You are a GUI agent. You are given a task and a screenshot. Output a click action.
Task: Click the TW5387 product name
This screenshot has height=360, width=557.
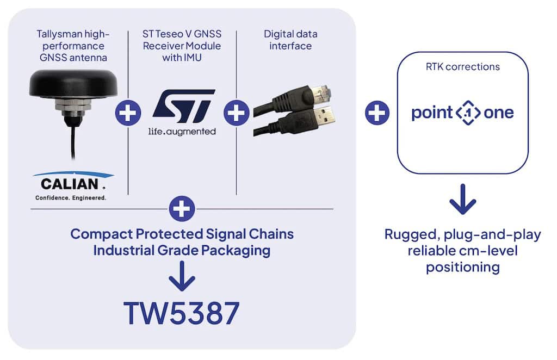[182, 313]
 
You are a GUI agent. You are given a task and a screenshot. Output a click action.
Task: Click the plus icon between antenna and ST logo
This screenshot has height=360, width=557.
[128, 113]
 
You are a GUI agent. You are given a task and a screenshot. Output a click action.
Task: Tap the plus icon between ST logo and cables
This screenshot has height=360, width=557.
[236, 113]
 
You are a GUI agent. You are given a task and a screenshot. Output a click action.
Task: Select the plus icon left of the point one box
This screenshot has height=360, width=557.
[377, 113]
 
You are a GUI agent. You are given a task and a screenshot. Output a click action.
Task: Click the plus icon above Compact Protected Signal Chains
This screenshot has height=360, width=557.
[182, 208]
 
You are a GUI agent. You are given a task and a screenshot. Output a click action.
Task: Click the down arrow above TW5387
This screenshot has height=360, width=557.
[182, 276]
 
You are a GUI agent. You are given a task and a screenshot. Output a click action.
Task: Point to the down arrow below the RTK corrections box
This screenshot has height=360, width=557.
[462, 199]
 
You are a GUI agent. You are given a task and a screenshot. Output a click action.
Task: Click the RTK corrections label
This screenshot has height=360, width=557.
[462, 67]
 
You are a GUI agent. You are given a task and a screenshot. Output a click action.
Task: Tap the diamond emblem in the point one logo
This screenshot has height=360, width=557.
[468, 113]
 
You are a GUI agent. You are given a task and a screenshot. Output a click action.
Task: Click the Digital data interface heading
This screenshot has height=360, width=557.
[290, 40]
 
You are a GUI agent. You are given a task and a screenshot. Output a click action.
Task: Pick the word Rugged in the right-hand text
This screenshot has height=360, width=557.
[411, 235]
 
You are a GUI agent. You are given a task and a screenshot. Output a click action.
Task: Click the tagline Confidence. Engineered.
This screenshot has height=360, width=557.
[71, 198]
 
